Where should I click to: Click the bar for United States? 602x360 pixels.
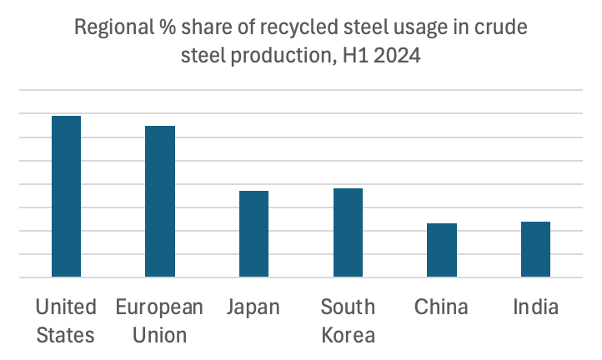pos(66,196)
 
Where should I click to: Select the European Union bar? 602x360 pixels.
pos(160,201)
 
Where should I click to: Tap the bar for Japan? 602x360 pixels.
pos(253,233)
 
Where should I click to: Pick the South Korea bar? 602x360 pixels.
pos(348,232)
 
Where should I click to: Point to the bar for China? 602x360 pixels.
pos(442,249)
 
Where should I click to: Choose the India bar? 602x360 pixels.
pos(535,248)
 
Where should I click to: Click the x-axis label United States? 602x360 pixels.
pos(66,321)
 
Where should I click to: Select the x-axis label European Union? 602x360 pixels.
pos(159,321)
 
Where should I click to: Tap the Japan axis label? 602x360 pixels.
pos(253,307)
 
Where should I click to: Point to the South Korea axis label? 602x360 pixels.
pos(348,321)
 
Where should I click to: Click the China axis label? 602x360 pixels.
pos(441,307)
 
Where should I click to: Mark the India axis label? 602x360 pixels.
pos(535,307)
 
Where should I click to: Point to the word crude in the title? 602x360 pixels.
pos(502,28)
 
